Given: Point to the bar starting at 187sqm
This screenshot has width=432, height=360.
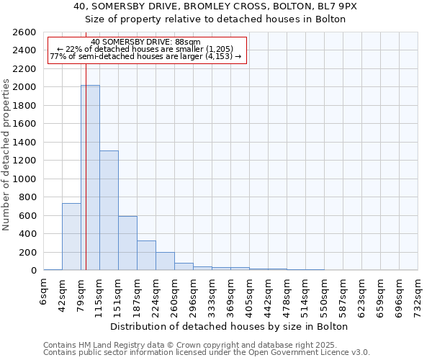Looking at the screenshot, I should pos(146,255).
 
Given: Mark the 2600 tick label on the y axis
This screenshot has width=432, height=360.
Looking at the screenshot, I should pos(25,32).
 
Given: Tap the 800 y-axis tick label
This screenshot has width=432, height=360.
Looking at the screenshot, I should pos(28,197).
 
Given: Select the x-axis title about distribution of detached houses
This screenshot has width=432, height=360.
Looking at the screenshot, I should pos(230,326).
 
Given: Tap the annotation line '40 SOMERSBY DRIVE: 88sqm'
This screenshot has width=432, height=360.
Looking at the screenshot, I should pos(146,42).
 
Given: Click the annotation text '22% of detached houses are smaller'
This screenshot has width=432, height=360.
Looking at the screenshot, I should pos(146,49).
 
